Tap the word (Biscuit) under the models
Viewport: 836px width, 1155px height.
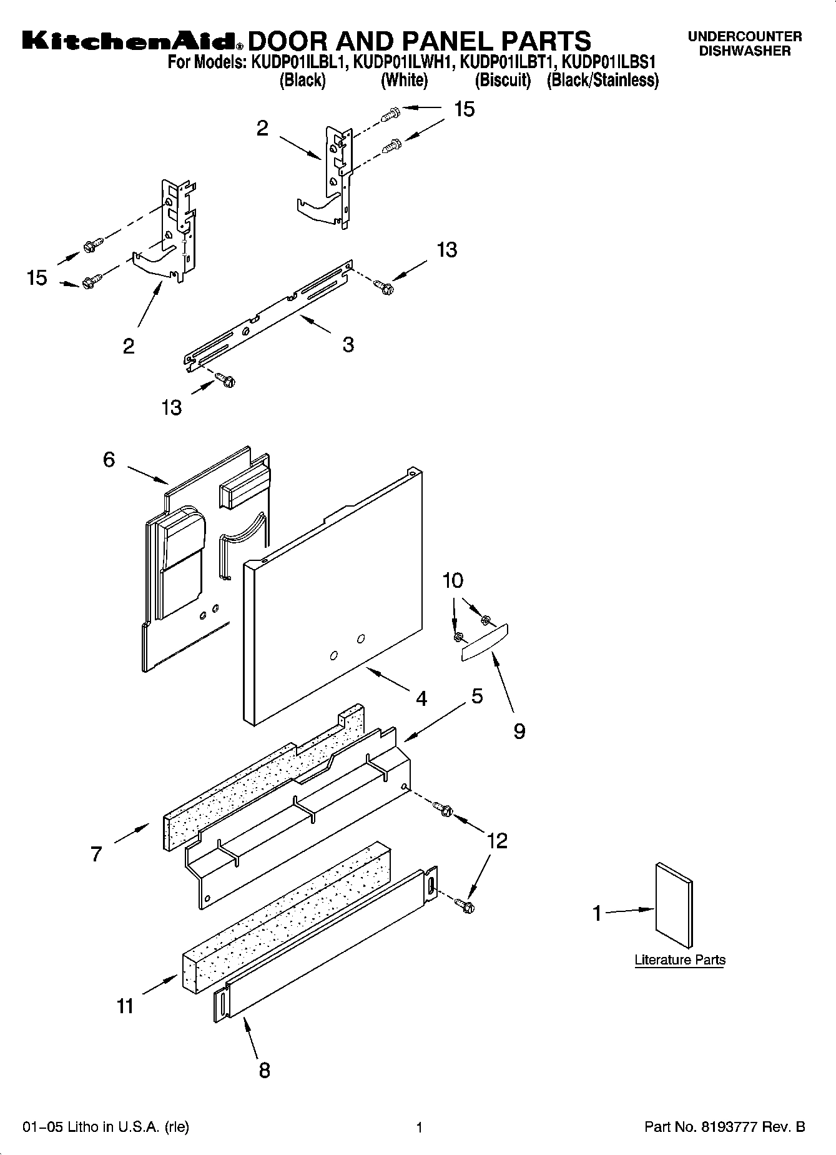(x=503, y=81)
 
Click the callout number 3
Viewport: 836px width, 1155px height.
(x=348, y=344)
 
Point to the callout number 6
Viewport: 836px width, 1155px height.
(x=109, y=460)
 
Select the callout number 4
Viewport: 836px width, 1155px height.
(x=421, y=698)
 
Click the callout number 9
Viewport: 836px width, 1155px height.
(x=519, y=731)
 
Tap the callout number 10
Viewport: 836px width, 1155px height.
(x=453, y=580)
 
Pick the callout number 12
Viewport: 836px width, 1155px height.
(x=497, y=841)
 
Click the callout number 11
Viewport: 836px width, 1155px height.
(x=125, y=1006)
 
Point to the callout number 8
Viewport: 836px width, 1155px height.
(x=264, y=1070)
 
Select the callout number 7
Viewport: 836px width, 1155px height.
(x=96, y=854)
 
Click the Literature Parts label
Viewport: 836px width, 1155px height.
(x=679, y=959)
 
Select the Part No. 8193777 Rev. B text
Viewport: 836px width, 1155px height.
(x=724, y=1127)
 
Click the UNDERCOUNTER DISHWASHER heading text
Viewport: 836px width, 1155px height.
(x=744, y=44)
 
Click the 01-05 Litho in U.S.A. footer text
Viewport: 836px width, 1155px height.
(x=106, y=1127)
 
